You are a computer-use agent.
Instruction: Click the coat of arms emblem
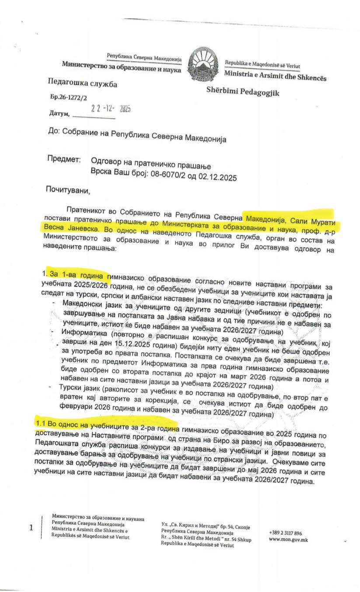coord(204,65)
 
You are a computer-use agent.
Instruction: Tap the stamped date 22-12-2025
coord(111,109)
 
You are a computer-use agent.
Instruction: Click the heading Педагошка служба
coord(82,84)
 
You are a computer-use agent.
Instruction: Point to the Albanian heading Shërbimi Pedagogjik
coord(243,91)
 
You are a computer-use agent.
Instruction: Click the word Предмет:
coord(64,159)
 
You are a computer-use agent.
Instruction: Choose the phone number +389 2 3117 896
coord(285,533)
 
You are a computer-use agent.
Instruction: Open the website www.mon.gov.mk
coord(288,540)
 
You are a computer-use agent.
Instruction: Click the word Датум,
coord(59,114)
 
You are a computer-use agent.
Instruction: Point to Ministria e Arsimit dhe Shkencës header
coord(275,75)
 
